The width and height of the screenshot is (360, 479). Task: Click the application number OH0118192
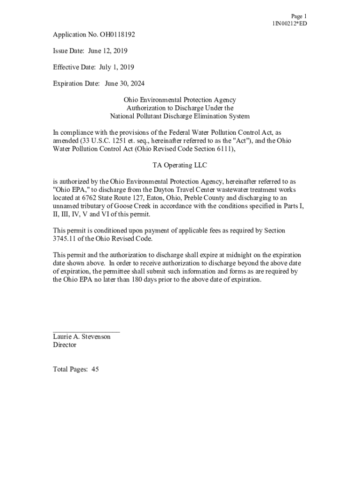[x=110, y=35]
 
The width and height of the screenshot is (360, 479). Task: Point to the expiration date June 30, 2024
[x=124, y=84]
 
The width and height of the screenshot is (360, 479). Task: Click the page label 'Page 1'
[x=298, y=16]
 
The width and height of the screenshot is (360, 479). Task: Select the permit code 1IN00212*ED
[x=290, y=24]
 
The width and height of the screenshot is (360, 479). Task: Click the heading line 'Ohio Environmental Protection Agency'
[x=180, y=100]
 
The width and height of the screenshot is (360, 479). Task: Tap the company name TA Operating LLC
[x=180, y=165]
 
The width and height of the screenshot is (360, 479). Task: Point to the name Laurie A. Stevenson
[x=82, y=337]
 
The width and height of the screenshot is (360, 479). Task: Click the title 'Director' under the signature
[x=65, y=345]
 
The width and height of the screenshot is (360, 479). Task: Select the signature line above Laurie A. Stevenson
[x=86, y=331]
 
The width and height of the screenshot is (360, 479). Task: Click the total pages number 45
[x=95, y=370]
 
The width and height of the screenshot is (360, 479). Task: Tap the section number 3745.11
[x=66, y=239]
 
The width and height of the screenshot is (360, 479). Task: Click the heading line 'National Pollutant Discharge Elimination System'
[x=180, y=116]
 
